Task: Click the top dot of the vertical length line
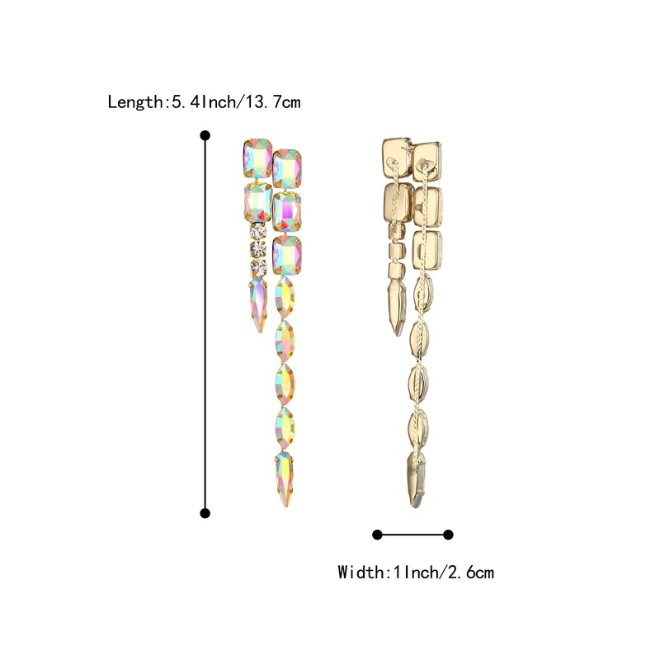click(x=205, y=134)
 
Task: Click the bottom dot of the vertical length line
click(x=205, y=513)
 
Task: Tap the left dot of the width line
click(x=377, y=535)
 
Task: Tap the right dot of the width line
click(x=449, y=535)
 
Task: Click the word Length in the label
click(x=135, y=102)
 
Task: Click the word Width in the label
click(x=361, y=572)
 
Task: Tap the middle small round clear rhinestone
click(x=259, y=249)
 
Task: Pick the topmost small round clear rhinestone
click(x=259, y=230)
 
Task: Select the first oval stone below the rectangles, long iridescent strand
click(x=285, y=298)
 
